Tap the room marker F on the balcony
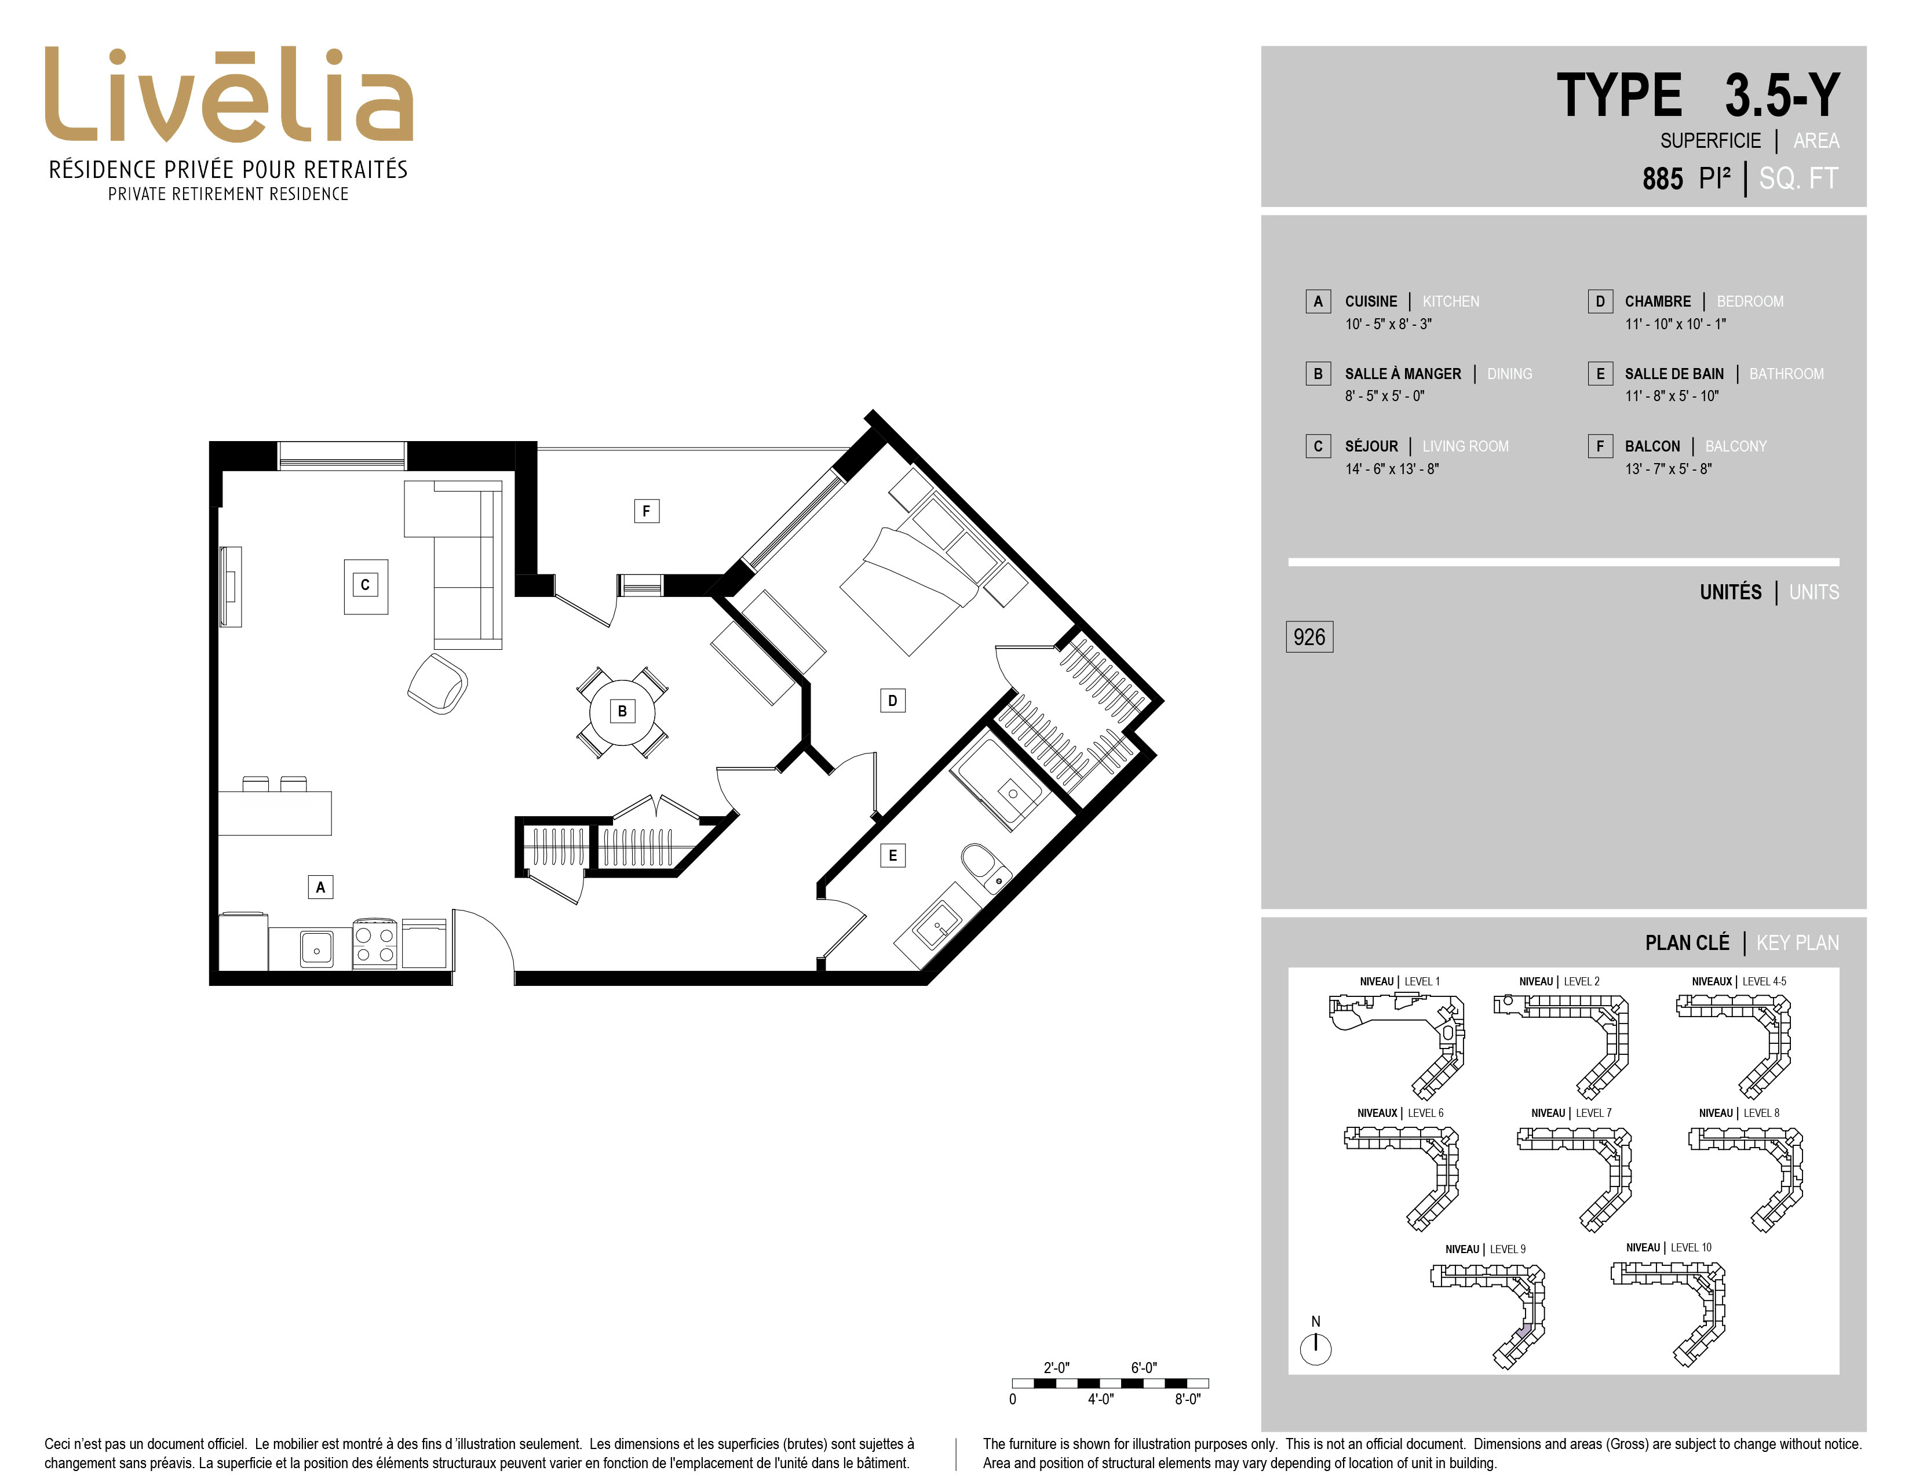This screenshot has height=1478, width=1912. (646, 511)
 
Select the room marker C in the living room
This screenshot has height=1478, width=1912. (365, 585)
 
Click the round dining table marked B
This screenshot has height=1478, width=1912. (622, 711)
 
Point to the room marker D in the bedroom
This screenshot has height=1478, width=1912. (892, 701)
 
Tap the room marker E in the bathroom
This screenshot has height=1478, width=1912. (892, 856)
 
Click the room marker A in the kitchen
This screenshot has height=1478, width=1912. (320, 887)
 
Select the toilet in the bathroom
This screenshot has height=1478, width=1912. (985, 867)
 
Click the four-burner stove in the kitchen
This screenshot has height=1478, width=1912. (375, 944)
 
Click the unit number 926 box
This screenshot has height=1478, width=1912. (1309, 636)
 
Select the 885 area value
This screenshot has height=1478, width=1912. (1662, 179)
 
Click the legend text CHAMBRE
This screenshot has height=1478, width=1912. (1657, 301)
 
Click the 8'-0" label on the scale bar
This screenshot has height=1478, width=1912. (1187, 1399)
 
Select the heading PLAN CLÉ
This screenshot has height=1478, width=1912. (1687, 943)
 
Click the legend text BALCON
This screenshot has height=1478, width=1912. (1652, 446)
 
